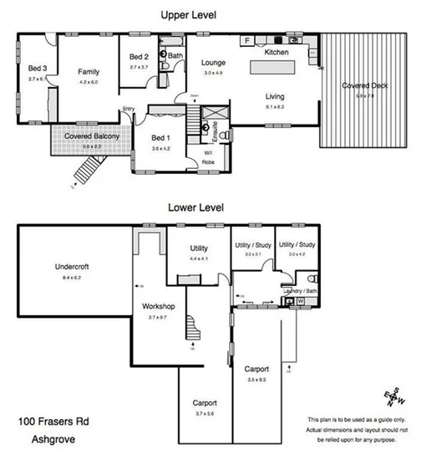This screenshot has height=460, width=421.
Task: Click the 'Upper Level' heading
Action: [189, 15]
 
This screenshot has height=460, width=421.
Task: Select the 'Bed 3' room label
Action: [36, 69]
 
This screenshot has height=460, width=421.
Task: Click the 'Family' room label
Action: [88, 72]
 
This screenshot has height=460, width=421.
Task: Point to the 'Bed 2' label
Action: [139, 58]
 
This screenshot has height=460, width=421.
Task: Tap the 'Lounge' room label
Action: [214, 63]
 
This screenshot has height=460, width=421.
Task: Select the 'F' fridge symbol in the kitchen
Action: [247, 40]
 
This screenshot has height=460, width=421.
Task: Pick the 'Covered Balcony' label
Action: [91, 136]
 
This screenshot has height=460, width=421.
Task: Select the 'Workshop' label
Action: [157, 307]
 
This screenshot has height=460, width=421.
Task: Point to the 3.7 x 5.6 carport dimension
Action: [205, 412]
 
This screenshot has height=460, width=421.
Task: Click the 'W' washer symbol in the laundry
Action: [300, 302]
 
